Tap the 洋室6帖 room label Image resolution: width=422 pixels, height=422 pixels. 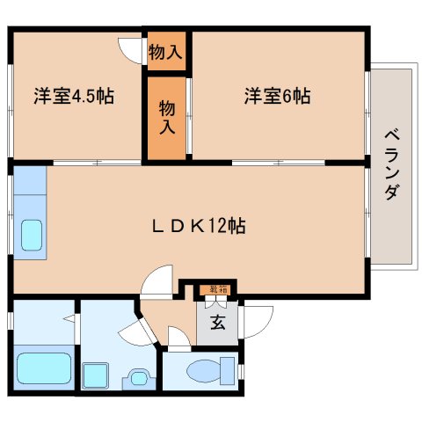point(277,95)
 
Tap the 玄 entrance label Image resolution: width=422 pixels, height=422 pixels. point(217,322)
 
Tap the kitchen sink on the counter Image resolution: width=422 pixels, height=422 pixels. point(32,236)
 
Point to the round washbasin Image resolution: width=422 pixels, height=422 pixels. point(137,377)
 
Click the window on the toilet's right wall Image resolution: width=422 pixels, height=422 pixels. point(241,368)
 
